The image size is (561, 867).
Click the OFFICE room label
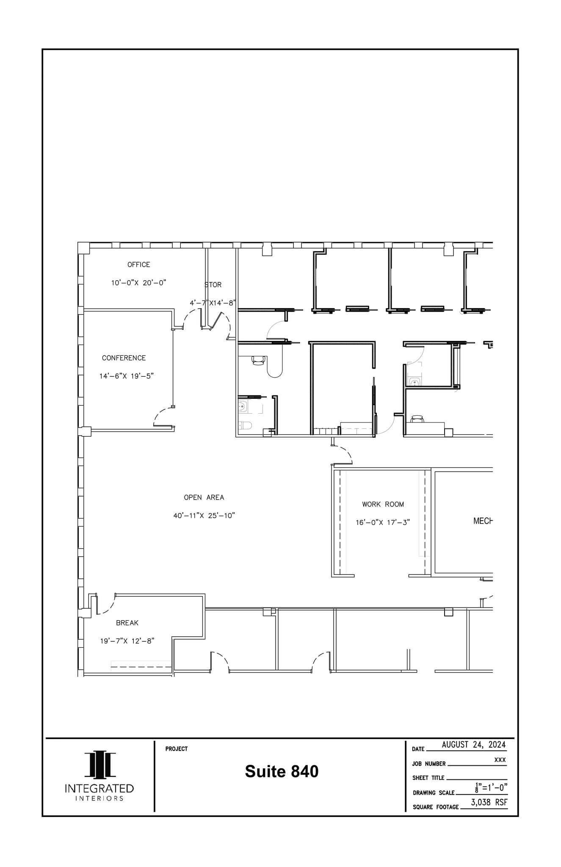click(x=138, y=265)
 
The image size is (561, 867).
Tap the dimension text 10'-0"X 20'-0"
click(x=138, y=283)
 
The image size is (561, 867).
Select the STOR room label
click(x=213, y=285)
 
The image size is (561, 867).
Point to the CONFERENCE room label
click(x=124, y=358)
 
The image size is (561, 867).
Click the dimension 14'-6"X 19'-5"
click(x=126, y=376)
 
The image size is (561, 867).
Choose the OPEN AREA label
click(x=204, y=497)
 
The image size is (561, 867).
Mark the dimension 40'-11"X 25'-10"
click(x=204, y=516)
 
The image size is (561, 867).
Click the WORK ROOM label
click(x=383, y=504)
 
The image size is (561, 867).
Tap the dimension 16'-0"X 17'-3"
click(x=383, y=522)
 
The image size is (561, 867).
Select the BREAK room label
click(x=127, y=623)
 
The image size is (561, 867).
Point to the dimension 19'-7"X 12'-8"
click(x=127, y=641)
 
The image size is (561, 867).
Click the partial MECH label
click(x=483, y=521)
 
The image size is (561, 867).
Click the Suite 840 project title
click(x=282, y=771)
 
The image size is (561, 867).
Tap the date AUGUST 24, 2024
click(x=473, y=744)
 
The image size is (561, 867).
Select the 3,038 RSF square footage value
click(x=489, y=802)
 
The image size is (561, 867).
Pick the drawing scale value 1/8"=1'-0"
click(x=491, y=788)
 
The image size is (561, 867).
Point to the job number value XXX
click(x=500, y=760)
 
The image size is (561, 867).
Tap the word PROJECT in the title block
click(x=176, y=749)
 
